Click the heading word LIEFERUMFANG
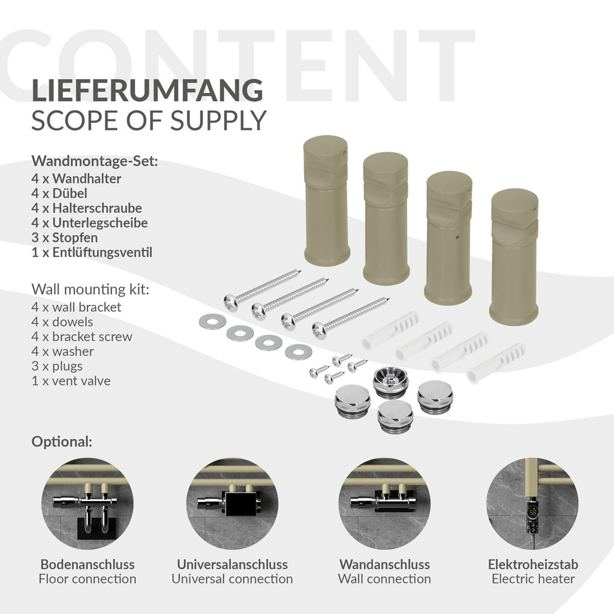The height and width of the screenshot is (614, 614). [x=148, y=91]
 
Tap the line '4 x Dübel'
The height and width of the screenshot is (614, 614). [x=59, y=194]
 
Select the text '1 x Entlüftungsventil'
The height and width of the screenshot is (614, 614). [x=92, y=252]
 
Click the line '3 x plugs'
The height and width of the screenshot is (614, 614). [x=57, y=366]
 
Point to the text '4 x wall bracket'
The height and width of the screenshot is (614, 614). [x=76, y=307]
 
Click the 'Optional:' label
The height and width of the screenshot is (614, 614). [x=62, y=442]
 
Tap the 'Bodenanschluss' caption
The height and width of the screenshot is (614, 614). [x=88, y=564]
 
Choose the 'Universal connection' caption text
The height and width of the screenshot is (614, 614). [x=232, y=579]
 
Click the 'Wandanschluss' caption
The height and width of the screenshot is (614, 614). [x=384, y=564]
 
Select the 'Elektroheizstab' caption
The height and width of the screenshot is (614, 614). [x=533, y=564]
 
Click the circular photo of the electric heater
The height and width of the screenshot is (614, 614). [x=532, y=504]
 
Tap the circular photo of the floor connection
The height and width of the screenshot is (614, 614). [x=88, y=504]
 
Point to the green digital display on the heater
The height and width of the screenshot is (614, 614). [x=533, y=512]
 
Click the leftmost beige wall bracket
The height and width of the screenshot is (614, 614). [x=326, y=200]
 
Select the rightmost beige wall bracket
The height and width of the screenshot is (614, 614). [x=514, y=257]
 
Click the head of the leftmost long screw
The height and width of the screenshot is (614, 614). [x=231, y=303]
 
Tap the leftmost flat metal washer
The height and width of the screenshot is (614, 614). [x=212, y=321]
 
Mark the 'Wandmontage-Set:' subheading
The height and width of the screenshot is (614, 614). [x=95, y=161]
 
